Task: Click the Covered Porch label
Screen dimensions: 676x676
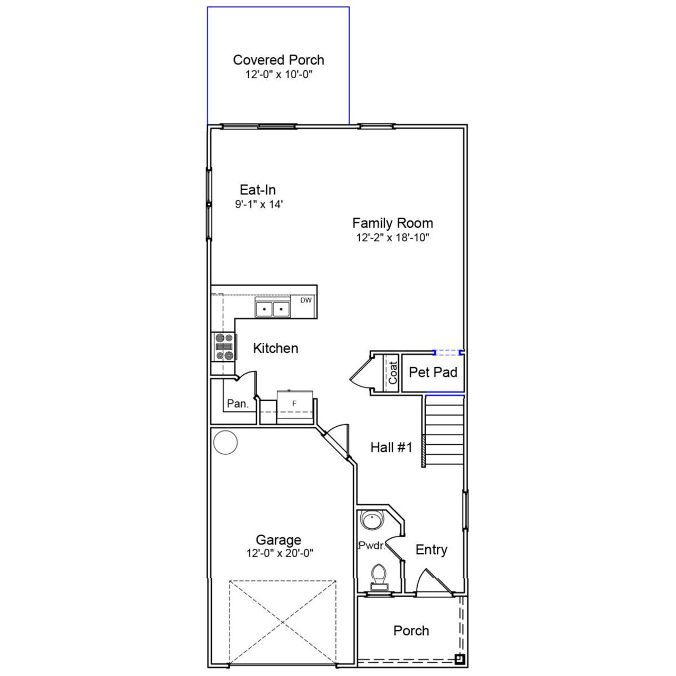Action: (278, 60)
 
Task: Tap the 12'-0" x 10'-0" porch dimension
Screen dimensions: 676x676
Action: (278, 74)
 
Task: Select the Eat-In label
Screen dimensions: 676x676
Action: (258, 190)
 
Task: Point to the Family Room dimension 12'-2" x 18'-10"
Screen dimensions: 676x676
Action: (392, 238)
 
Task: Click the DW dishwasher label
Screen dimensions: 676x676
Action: (306, 301)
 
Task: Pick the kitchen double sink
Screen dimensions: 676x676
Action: (273, 308)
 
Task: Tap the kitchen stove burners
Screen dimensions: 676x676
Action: (223, 346)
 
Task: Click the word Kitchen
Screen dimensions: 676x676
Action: (275, 349)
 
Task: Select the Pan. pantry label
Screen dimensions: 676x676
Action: (238, 404)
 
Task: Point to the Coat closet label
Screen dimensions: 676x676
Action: (392, 373)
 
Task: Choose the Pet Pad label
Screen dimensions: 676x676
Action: (433, 372)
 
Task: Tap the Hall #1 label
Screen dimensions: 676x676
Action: (391, 448)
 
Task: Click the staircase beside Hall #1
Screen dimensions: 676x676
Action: (444, 430)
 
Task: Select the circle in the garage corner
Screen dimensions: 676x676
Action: (226, 442)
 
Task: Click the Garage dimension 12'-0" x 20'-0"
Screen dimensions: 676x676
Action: (279, 553)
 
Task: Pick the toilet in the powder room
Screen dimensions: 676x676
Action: (379, 576)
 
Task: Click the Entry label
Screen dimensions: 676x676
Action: (431, 550)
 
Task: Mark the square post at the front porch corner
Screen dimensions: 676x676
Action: (460, 659)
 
